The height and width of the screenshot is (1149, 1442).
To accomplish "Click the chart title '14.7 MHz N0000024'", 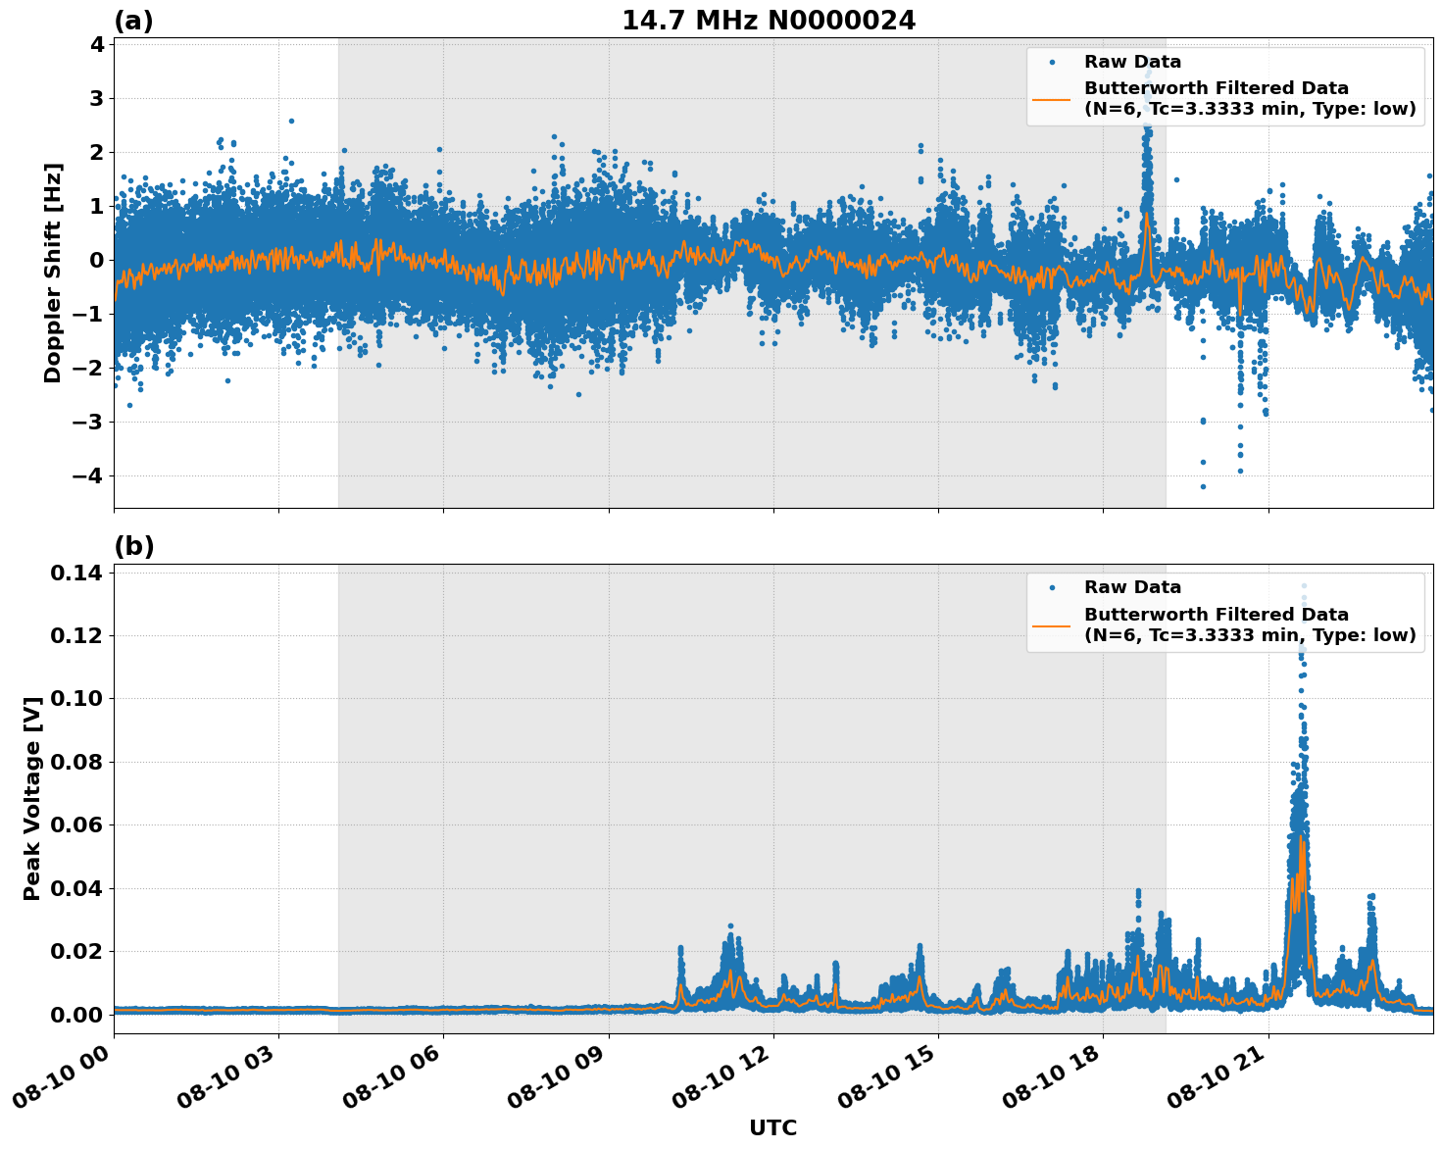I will pyautogui.click(x=768, y=21).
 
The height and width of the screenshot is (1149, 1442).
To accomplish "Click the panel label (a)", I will pyautogui.click(x=133, y=21).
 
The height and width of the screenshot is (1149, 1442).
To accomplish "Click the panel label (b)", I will pyautogui.click(x=133, y=546).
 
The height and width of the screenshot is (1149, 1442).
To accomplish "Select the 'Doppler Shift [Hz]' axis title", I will pyautogui.click(x=53, y=273).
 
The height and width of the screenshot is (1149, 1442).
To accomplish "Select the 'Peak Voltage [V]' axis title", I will pyautogui.click(x=32, y=798).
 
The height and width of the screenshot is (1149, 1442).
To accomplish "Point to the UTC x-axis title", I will pyautogui.click(x=772, y=1127).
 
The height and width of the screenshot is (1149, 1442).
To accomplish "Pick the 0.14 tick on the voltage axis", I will pyautogui.click(x=81, y=573).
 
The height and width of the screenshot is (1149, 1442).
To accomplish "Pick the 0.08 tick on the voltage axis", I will pyautogui.click(x=81, y=762).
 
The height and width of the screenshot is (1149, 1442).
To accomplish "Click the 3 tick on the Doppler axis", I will pyautogui.click(x=96, y=98).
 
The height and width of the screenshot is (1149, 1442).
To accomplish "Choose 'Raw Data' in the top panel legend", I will pyautogui.click(x=1132, y=62).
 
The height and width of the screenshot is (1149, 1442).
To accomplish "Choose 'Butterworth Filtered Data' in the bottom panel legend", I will pyautogui.click(x=1216, y=615).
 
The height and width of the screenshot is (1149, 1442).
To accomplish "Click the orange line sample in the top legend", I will pyautogui.click(x=1051, y=98).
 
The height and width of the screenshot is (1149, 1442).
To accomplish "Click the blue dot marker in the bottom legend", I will pyautogui.click(x=1051, y=587).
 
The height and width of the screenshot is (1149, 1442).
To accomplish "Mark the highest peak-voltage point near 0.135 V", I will pyautogui.click(x=1304, y=586).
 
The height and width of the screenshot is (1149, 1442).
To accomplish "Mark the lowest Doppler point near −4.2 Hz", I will pyautogui.click(x=1203, y=486).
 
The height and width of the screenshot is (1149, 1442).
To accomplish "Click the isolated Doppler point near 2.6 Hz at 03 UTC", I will pyautogui.click(x=291, y=121).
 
